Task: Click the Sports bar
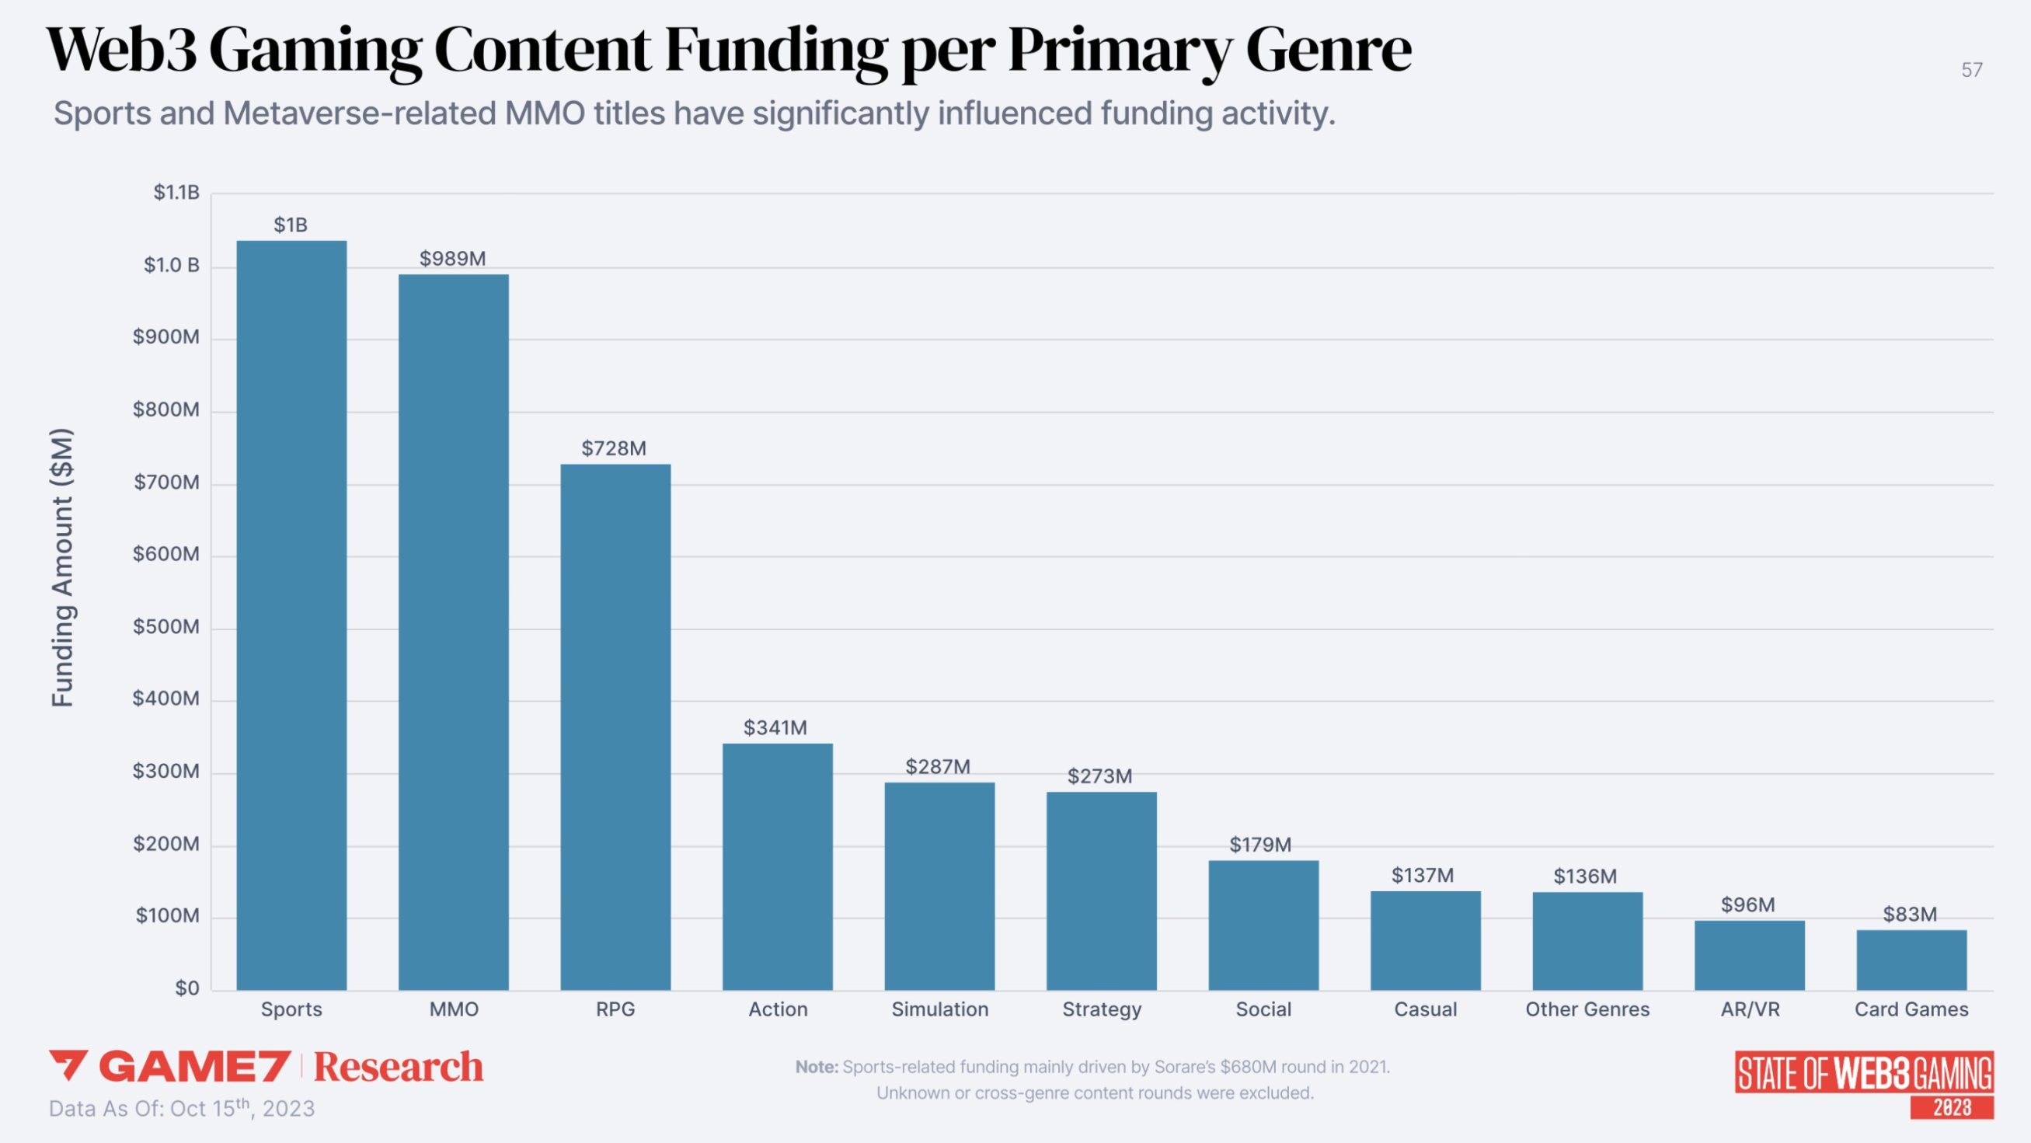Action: (x=291, y=615)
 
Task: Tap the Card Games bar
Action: (x=1911, y=960)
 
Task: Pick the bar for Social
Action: (x=1263, y=925)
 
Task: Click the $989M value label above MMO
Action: (x=452, y=259)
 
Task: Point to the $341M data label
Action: (x=775, y=727)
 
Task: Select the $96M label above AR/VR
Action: (x=1748, y=904)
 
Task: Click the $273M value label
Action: (x=1100, y=776)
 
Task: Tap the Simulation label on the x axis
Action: (x=939, y=1009)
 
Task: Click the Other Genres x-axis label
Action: (x=1587, y=1009)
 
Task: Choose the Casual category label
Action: (x=1425, y=1009)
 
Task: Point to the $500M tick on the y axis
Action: (x=165, y=627)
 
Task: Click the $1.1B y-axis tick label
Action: (x=176, y=193)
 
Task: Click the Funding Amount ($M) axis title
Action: (x=62, y=567)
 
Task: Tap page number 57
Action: (x=1971, y=70)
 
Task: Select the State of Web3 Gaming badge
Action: (x=1864, y=1084)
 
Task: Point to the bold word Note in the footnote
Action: (x=816, y=1067)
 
